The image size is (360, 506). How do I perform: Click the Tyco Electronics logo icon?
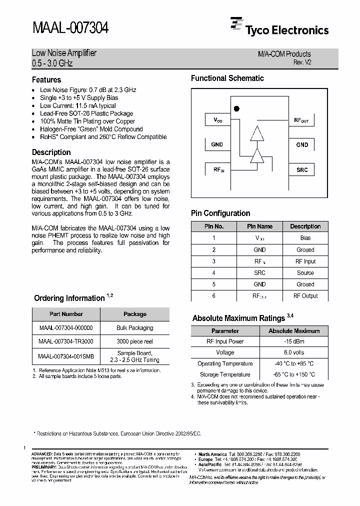tap(236, 24)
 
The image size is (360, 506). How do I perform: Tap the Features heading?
tap(46, 79)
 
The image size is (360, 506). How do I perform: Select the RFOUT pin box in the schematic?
tap(302, 120)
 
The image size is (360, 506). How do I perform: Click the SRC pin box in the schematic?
tap(302, 169)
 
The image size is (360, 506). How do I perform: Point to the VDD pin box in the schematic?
tap(217, 120)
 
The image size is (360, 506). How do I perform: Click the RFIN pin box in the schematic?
tap(218, 169)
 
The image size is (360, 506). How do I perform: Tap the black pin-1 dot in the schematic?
tap(236, 108)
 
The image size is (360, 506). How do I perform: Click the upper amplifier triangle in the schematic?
tap(257, 134)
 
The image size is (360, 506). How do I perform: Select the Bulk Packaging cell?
tap(134, 328)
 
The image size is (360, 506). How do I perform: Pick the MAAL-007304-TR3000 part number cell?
tap(66, 341)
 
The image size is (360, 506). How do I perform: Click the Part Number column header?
tap(66, 314)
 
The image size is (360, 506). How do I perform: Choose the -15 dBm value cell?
tap(294, 341)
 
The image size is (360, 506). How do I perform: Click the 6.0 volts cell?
tap(294, 352)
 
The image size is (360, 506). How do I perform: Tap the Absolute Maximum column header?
tap(294, 330)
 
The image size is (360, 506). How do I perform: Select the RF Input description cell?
tap(305, 261)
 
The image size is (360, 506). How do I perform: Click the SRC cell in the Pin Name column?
tap(259, 272)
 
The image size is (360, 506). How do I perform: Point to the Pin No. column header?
tap(213, 226)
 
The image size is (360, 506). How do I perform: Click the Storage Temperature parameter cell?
tap(225, 374)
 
